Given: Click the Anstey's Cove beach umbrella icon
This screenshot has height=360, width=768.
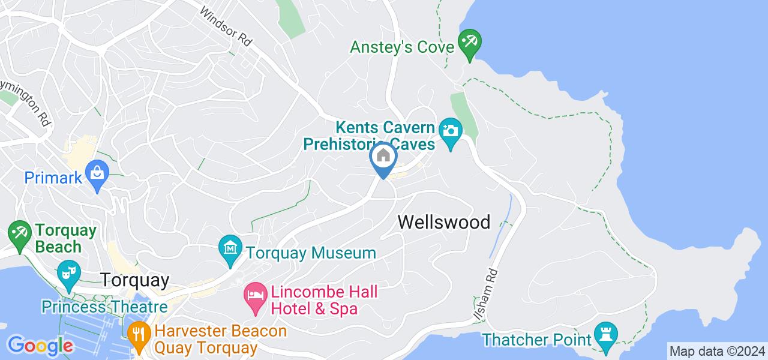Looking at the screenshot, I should point(469,42).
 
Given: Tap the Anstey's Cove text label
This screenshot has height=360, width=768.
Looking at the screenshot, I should point(401,47).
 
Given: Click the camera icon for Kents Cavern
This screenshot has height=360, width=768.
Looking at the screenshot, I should point(450,130).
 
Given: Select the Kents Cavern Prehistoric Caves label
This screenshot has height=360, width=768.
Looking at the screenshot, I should point(368,136).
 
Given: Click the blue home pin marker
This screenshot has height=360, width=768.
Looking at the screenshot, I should point(383,157).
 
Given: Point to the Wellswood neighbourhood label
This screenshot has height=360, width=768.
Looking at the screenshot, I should point(444,223).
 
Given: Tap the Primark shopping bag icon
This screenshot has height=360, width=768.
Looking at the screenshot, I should point(97,173).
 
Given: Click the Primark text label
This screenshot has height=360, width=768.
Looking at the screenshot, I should point(52,178).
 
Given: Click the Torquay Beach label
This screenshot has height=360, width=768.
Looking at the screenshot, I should point(58,239).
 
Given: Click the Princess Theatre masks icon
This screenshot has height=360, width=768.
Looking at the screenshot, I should point(68,272).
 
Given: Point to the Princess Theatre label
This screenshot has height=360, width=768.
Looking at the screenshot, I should point(104,307).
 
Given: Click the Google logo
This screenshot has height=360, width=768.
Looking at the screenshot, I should point(40,346).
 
